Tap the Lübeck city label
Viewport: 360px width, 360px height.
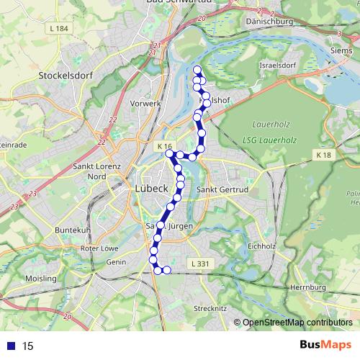click(152, 189)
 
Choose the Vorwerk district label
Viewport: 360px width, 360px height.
click(145, 103)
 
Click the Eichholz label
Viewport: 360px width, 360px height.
click(262, 246)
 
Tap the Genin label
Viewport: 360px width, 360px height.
click(115, 264)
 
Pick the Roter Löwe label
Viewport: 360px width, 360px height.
click(99, 248)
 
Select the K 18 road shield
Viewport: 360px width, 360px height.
click(323, 155)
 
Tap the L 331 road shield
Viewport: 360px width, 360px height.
click(201, 264)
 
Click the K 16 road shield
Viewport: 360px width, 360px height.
click(164, 145)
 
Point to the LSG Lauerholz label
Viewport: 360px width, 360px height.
click(271, 138)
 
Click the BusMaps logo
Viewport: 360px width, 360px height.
click(326, 346)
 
